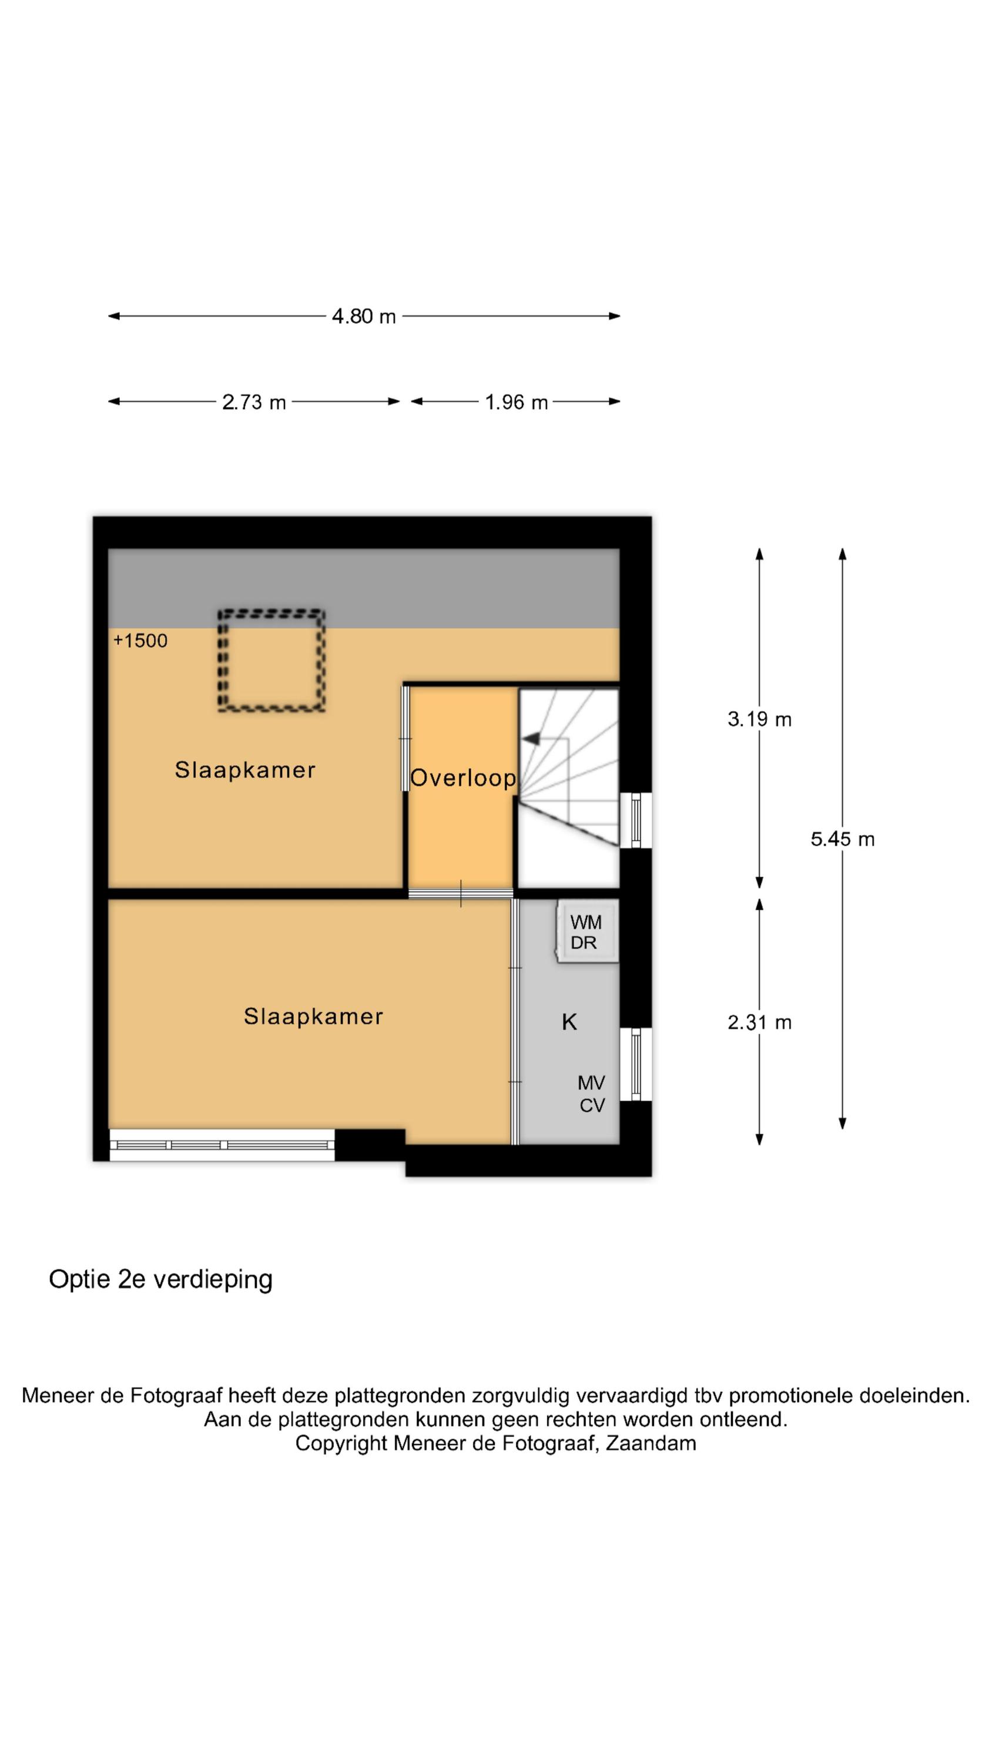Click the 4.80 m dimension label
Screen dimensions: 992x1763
click(x=364, y=316)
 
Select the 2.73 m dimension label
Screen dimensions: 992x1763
click(x=254, y=402)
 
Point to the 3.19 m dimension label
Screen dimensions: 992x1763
click(x=759, y=719)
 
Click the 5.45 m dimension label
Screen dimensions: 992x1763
click(x=843, y=839)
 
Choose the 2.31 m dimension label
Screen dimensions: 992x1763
click(x=759, y=1023)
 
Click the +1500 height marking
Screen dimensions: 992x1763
click(x=140, y=641)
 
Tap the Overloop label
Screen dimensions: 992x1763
click(x=463, y=778)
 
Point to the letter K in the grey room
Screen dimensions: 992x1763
click(x=569, y=1022)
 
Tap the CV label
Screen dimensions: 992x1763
click(x=592, y=1105)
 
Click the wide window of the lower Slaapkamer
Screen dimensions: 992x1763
click(x=222, y=1144)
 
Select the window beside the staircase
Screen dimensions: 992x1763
click(x=636, y=820)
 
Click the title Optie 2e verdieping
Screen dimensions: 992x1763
click(x=161, y=1279)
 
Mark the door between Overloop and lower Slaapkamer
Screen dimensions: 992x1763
click(x=461, y=893)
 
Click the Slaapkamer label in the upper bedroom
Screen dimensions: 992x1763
click(x=245, y=770)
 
